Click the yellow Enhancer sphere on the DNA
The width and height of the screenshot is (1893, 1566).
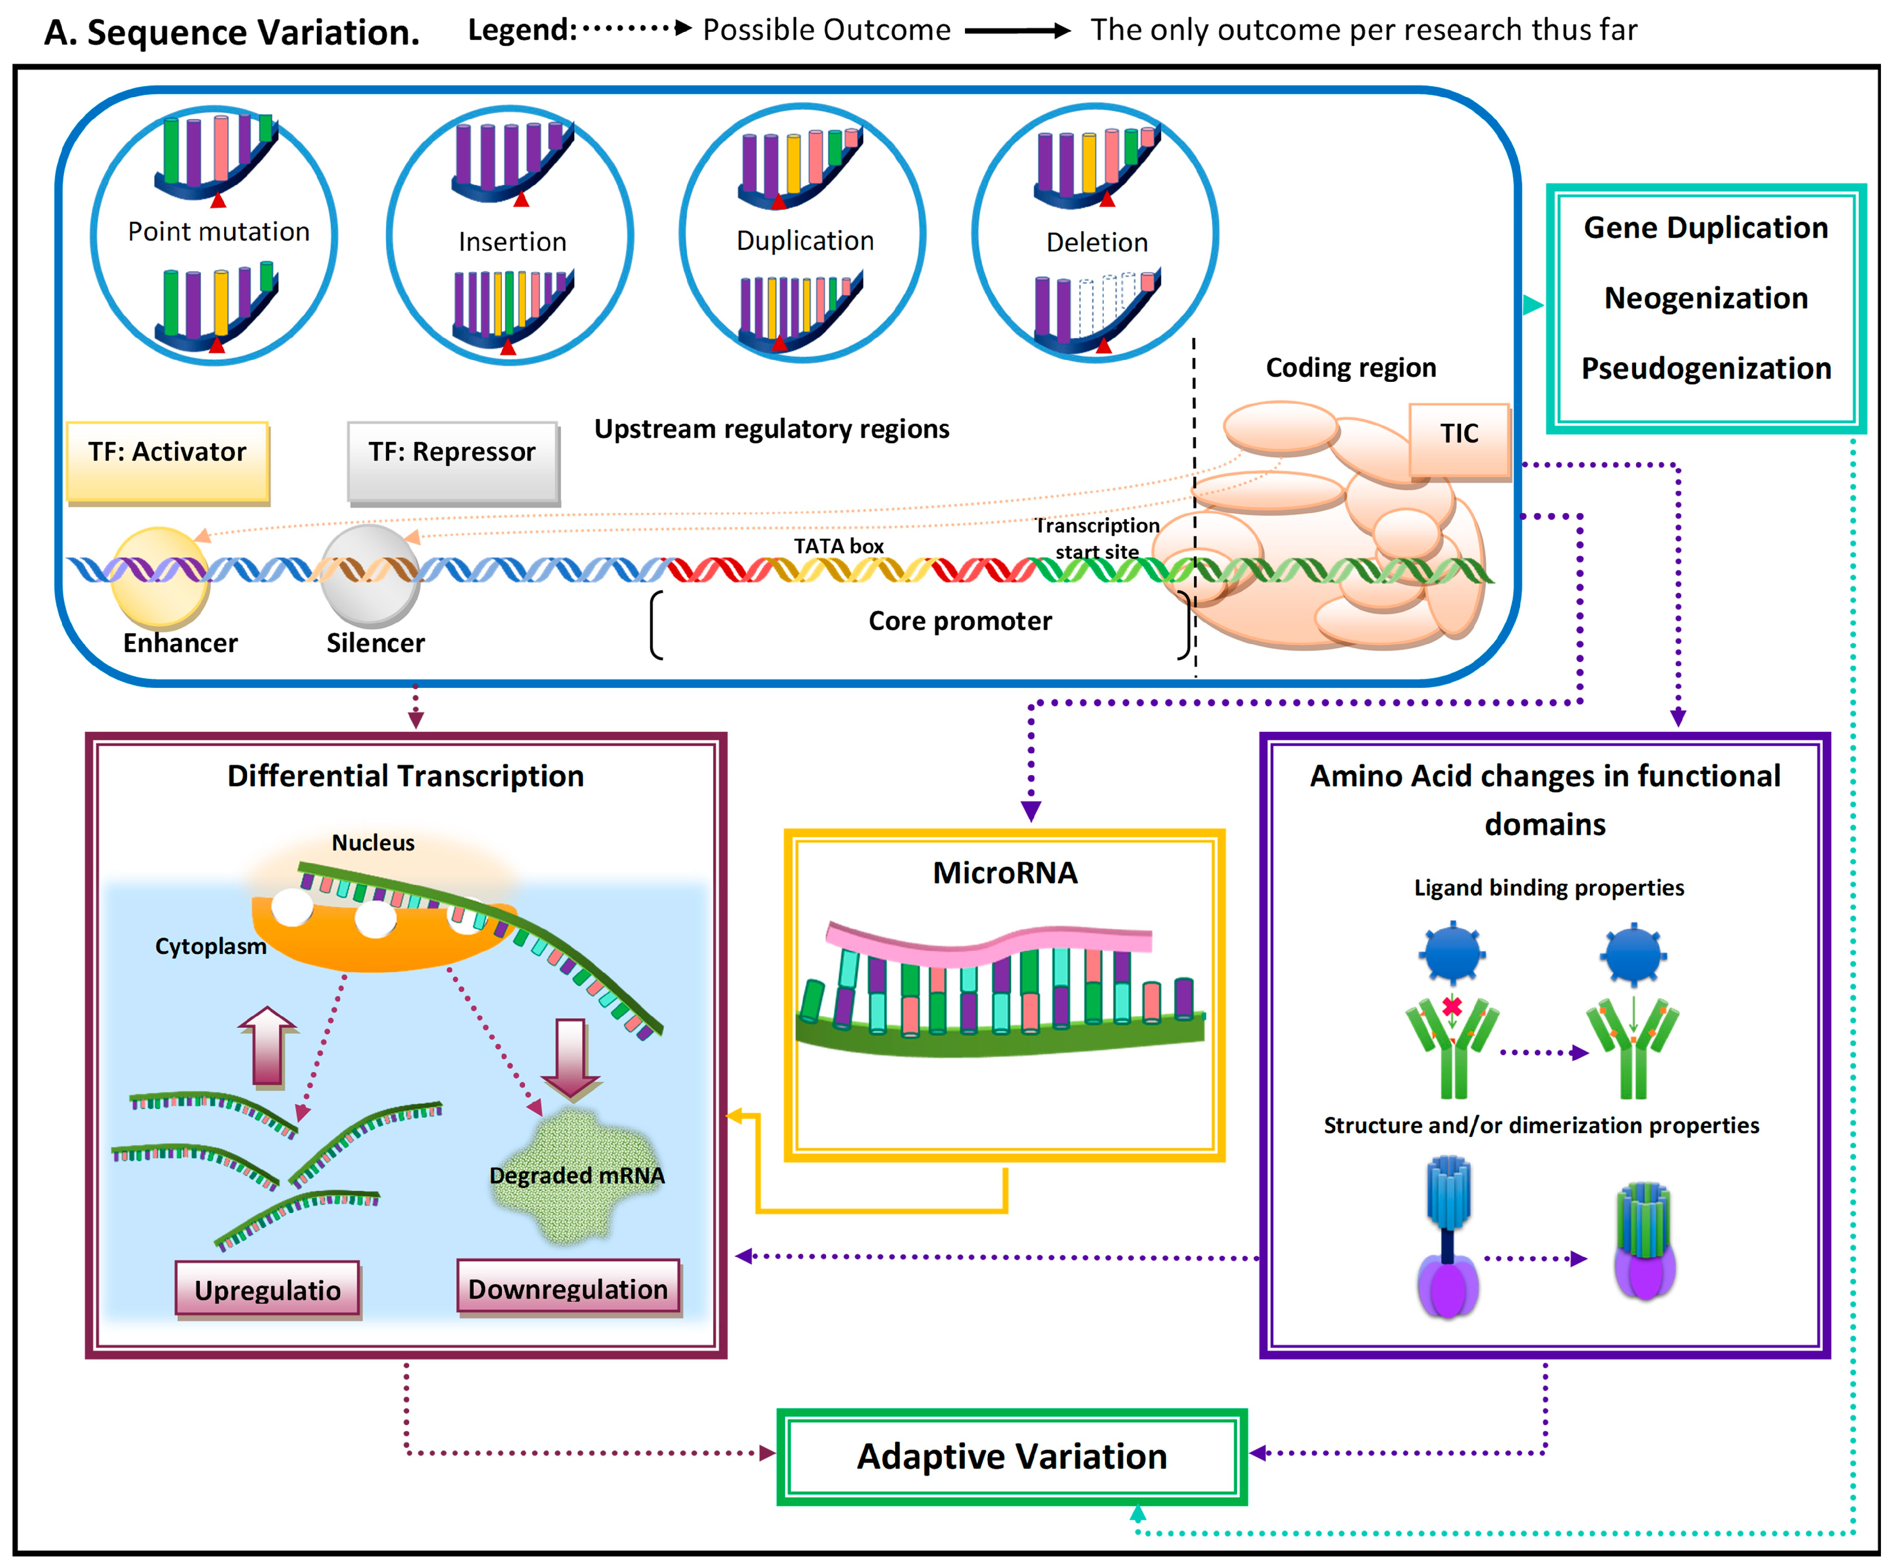(x=161, y=577)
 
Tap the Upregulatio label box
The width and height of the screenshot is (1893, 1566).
(x=268, y=1289)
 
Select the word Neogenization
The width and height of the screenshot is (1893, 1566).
(x=1705, y=298)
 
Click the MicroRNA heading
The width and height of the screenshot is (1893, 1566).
(x=1004, y=873)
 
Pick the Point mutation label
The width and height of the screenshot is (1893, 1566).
(x=218, y=232)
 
